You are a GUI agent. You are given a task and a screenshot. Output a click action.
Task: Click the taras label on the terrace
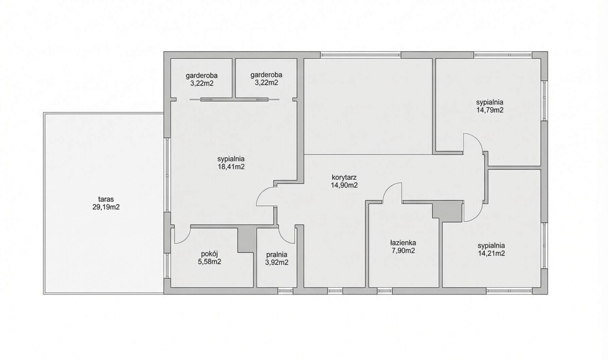point(106,199)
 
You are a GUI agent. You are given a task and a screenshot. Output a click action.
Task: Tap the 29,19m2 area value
point(106,207)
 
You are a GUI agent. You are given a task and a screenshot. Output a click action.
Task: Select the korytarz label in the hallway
point(344,177)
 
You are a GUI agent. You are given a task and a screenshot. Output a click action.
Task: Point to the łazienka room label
point(403,243)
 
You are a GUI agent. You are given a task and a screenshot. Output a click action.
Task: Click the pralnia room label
point(277,254)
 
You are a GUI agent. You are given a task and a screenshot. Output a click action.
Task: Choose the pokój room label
point(209,254)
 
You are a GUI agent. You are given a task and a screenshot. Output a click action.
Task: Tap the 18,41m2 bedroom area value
point(231,167)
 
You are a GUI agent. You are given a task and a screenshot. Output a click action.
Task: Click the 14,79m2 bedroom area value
point(490,110)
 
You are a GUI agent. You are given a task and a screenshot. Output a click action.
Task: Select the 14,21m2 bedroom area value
point(491,253)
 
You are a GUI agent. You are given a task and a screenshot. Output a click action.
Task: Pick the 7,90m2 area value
point(403,251)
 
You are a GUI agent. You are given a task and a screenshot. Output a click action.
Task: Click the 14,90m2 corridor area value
point(344,185)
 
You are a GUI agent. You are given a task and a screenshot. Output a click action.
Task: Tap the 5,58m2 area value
point(209,262)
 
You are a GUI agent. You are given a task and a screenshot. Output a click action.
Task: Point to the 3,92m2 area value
point(277,263)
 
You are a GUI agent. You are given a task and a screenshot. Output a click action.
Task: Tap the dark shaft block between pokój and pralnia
point(246,240)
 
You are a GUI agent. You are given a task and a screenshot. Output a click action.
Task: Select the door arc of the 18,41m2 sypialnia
point(262,194)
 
